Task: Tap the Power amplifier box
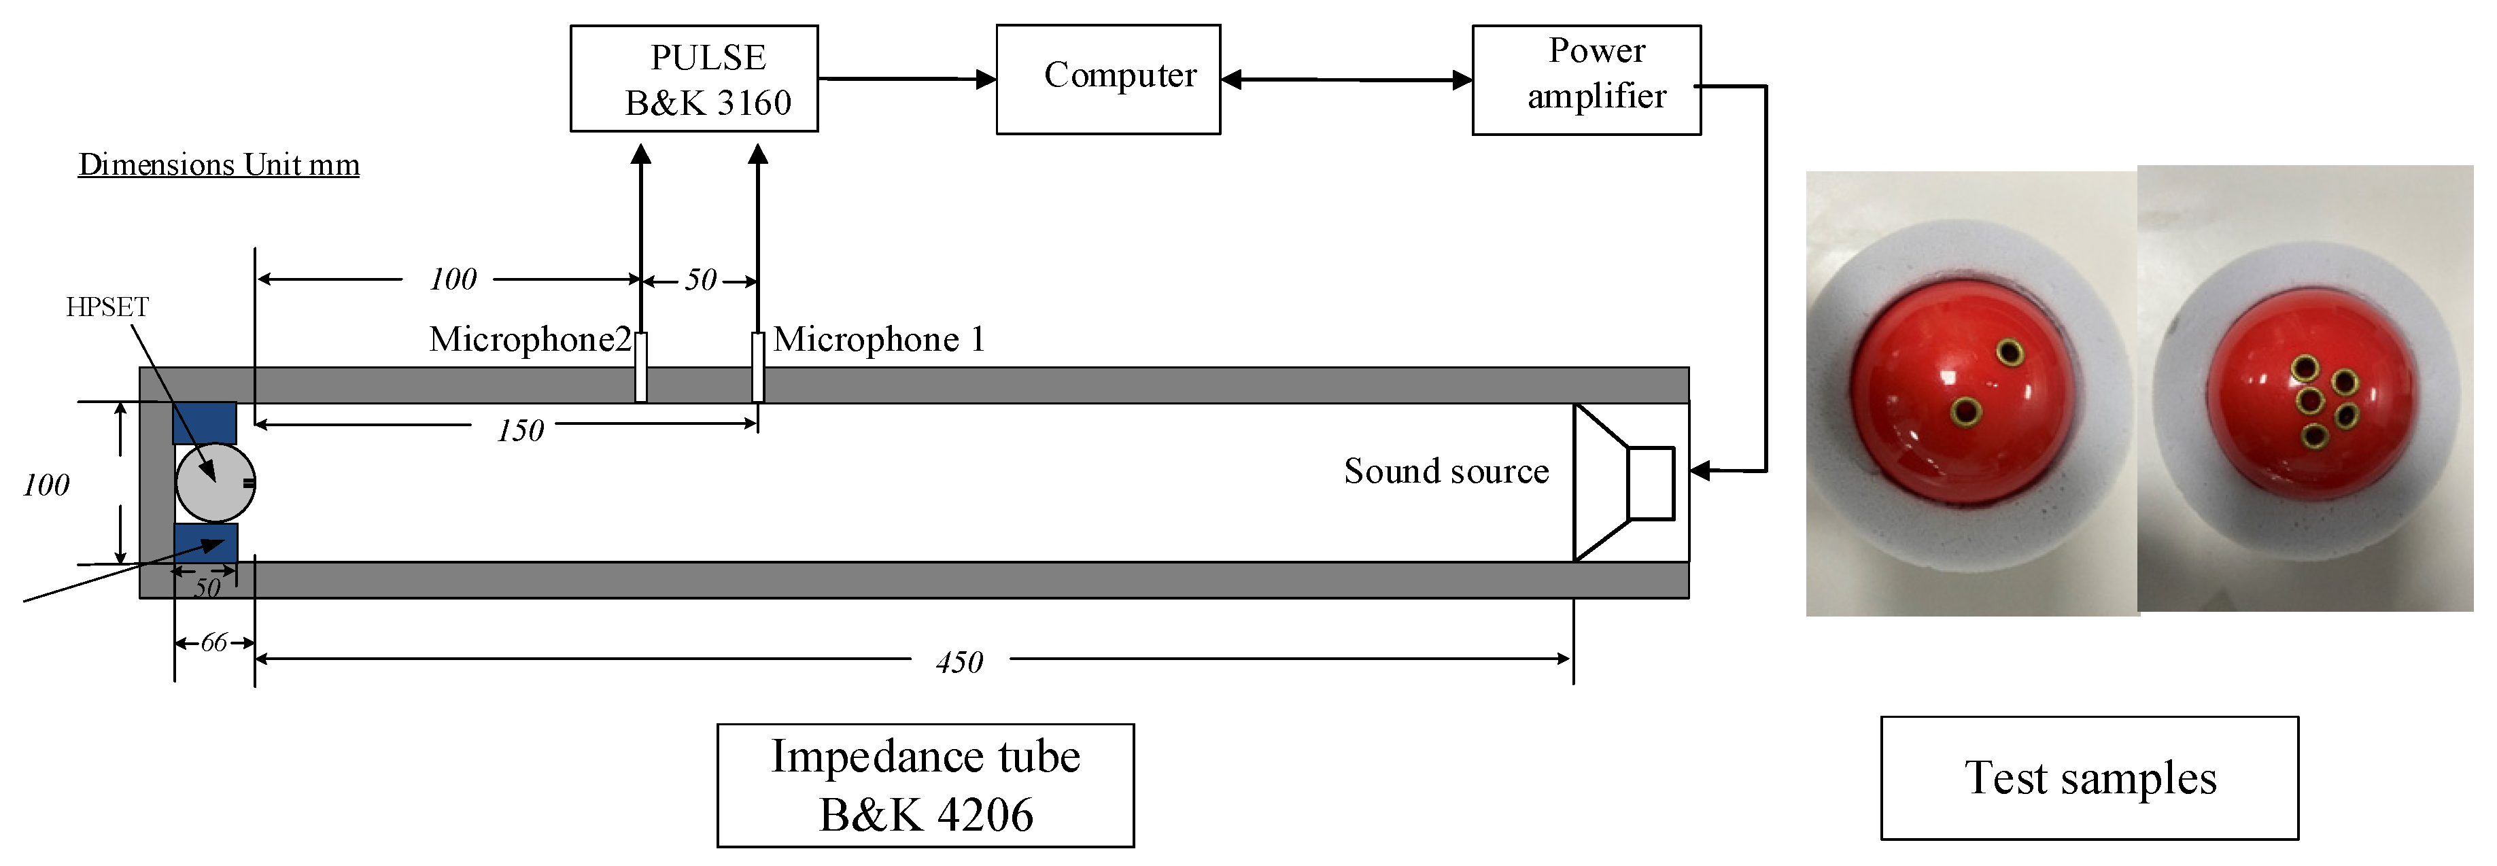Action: click(1586, 80)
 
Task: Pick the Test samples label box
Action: click(2089, 778)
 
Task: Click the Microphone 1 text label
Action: click(878, 339)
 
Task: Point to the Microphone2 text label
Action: click(530, 339)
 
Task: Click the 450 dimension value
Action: click(959, 662)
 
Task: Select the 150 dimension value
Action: click(519, 430)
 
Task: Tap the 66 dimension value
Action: click(213, 642)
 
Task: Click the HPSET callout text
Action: click(107, 307)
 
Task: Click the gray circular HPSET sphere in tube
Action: click(213, 483)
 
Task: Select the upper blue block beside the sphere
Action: click(205, 423)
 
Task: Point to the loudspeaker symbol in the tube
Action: click(1623, 483)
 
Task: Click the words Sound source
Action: click(1445, 471)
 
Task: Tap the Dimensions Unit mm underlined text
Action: click(218, 165)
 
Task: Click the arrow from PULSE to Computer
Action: click(906, 79)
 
